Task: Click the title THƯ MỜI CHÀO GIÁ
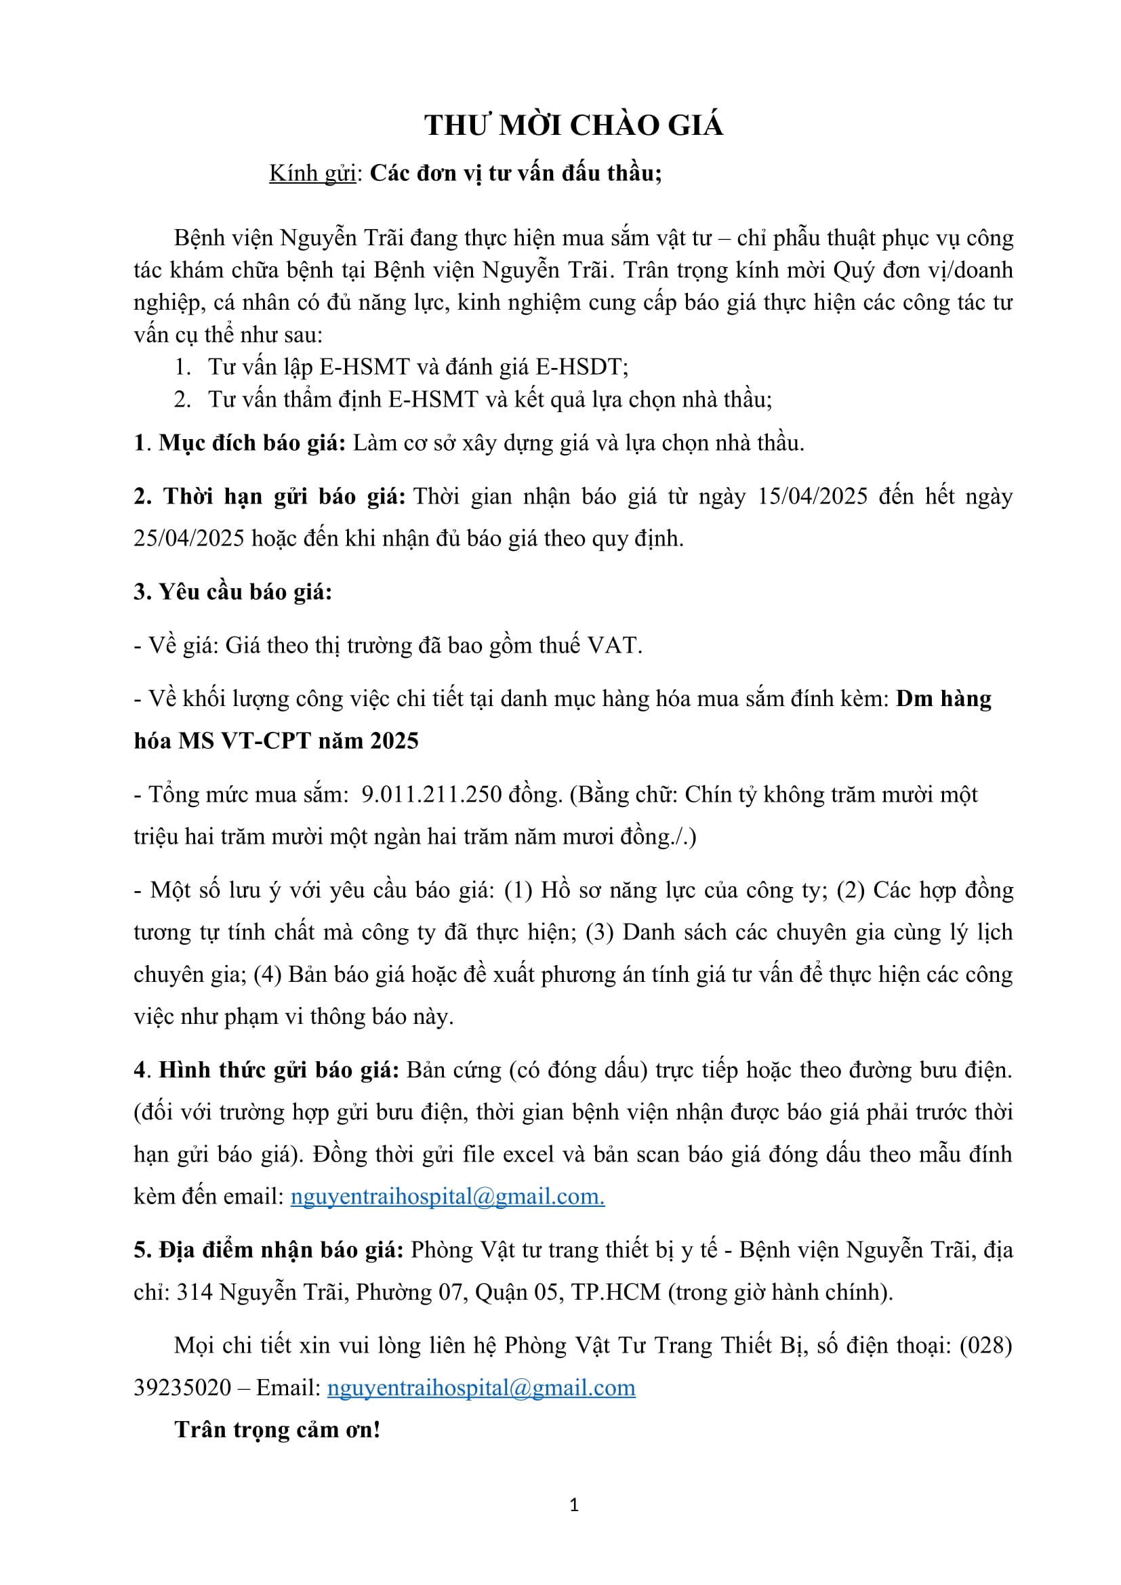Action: click(x=573, y=125)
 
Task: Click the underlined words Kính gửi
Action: click(x=312, y=173)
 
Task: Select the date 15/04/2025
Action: click(x=812, y=496)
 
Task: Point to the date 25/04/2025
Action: click(x=188, y=538)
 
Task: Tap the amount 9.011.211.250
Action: click(x=432, y=794)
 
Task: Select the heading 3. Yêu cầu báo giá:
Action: click(x=232, y=592)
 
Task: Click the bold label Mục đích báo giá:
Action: click(x=252, y=442)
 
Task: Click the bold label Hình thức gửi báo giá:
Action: click(x=279, y=1069)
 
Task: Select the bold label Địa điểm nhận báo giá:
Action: click(x=268, y=1250)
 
